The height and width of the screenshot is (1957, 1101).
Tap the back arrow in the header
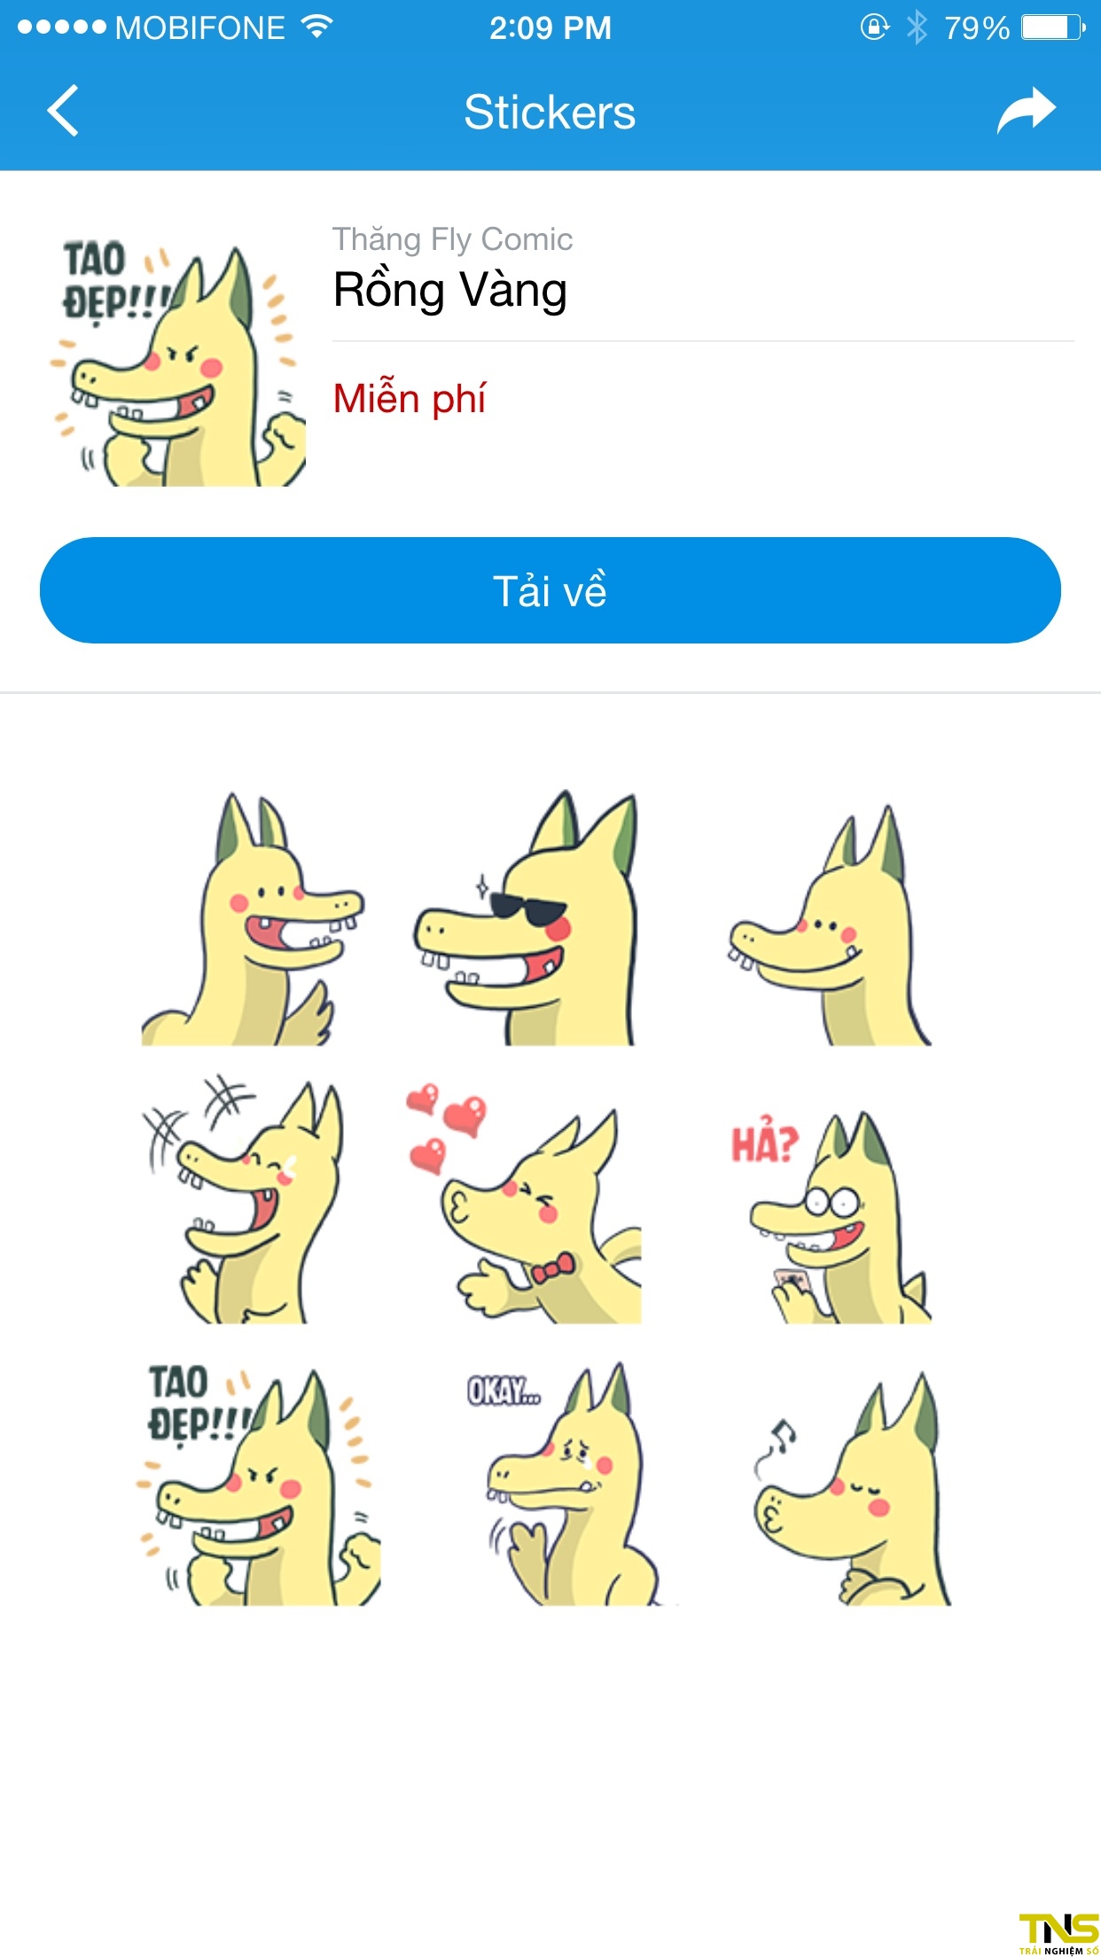63,111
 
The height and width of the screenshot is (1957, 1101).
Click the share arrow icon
1026,111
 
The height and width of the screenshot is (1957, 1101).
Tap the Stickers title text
550,113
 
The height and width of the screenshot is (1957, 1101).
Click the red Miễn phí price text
409,399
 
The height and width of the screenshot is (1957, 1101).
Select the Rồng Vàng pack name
449,291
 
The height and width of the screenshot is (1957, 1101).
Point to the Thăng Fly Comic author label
452,239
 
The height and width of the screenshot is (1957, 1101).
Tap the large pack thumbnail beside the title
178,363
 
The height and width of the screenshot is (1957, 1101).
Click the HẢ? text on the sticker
764,1144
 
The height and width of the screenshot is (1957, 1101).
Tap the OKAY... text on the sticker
504,1392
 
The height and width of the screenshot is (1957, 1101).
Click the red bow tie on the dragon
551,1270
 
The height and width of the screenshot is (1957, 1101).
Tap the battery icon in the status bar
1052,27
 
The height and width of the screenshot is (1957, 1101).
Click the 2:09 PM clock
550,28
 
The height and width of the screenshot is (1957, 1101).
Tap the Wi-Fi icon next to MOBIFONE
316,27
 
